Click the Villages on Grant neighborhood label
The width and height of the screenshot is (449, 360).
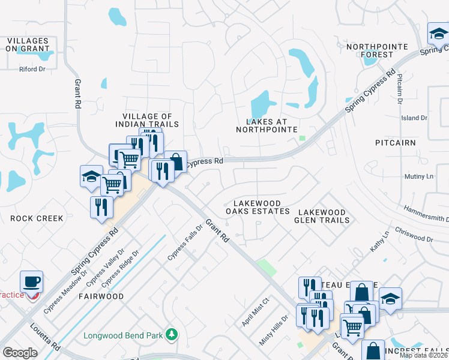[27, 46]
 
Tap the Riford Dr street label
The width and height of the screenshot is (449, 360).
[32, 69]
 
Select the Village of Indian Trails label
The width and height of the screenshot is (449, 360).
[147, 120]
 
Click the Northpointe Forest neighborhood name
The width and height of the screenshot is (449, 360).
[377, 50]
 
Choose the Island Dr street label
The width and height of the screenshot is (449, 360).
[414, 118]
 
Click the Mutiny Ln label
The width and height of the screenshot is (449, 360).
[419, 176]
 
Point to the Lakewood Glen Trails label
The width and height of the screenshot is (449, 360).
[322, 216]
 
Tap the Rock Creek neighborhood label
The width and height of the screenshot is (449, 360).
[37, 218]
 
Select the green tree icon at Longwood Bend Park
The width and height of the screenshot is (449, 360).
[172, 334]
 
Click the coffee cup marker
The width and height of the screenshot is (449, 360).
[32, 281]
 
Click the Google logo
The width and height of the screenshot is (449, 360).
[20, 353]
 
